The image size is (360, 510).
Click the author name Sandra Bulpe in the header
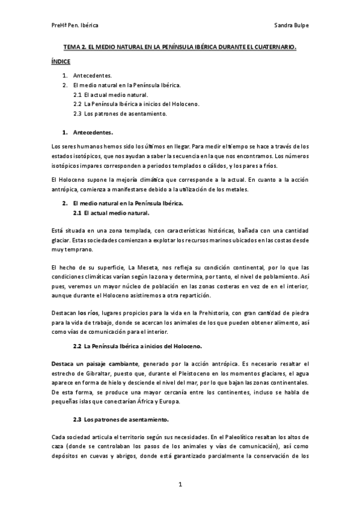click(x=291, y=26)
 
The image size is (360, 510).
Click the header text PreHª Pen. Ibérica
click(x=75, y=26)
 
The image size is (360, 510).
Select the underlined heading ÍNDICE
click(x=61, y=61)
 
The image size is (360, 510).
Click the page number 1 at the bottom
click(x=180, y=484)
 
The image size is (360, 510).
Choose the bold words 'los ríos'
click(x=88, y=313)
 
